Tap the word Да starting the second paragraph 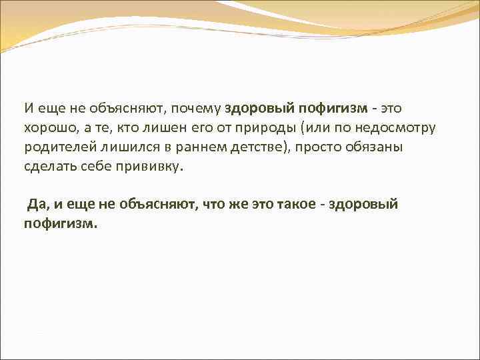point(34,204)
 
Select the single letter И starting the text point(27,108)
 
